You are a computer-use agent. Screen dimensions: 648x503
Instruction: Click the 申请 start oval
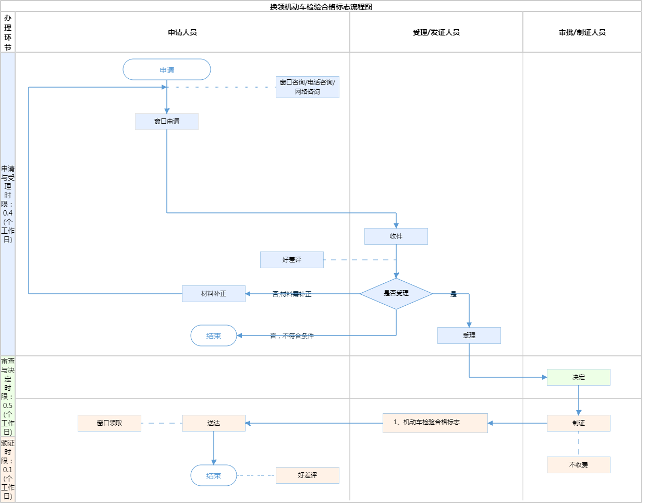[167, 69]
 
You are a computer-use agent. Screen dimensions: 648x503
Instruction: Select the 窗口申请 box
[167, 122]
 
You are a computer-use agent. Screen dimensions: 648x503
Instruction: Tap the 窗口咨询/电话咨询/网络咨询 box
[308, 87]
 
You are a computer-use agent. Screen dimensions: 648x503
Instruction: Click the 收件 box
[396, 236]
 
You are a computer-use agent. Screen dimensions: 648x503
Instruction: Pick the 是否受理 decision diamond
[396, 294]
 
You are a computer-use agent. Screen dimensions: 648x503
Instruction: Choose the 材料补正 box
[214, 294]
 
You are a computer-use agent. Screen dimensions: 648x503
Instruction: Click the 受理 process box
[469, 336]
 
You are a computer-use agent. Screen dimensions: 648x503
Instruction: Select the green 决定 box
[579, 377]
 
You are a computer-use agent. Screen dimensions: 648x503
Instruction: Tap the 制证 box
[579, 423]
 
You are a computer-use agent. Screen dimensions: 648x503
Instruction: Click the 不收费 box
[579, 465]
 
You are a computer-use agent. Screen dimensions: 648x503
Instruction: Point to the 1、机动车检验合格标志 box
[435, 423]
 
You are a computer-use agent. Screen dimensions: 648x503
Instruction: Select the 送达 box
[214, 423]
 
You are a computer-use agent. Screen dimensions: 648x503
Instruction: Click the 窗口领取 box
[109, 423]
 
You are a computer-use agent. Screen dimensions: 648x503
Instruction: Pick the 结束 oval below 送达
[214, 475]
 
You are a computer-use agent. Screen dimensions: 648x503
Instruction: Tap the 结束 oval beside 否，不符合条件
[214, 336]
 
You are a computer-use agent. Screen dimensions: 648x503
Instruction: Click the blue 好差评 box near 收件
[292, 260]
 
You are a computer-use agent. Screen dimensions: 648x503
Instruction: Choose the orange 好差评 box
[308, 475]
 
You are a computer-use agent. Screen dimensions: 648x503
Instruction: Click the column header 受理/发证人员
[436, 32]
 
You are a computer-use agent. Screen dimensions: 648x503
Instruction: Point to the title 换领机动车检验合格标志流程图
[321, 7]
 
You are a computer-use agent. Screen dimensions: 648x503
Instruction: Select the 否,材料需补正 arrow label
[292, 294]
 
